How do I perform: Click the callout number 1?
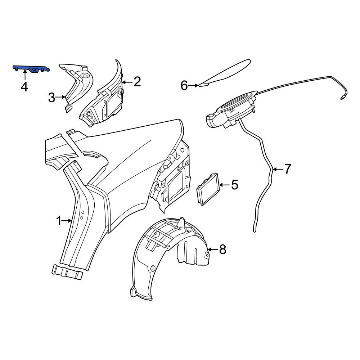tap(59, 221)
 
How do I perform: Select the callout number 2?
tap(137, 82)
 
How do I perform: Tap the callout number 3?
tap(51, 98)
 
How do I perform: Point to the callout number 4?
tap(24, 87)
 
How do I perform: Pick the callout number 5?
tap(234, 185)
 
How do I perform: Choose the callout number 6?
tap(184, 86)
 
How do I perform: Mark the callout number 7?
tap(288, 169)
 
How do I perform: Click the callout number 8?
tap(222, 249)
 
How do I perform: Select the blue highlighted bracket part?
tap(31, 69)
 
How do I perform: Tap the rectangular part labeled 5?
tap(208, 189)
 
